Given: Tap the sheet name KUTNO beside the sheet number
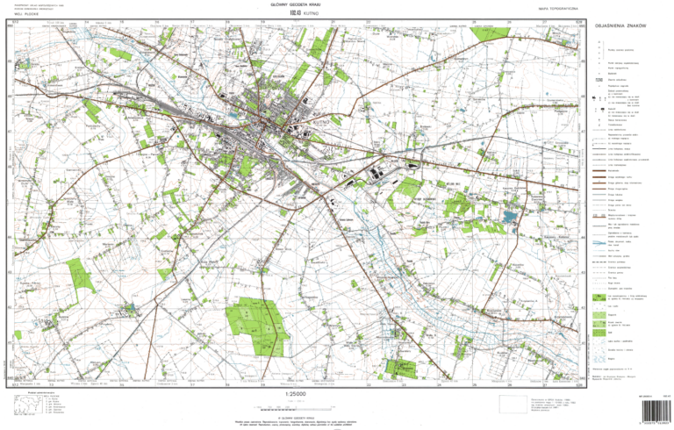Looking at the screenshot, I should pos(303,13).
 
